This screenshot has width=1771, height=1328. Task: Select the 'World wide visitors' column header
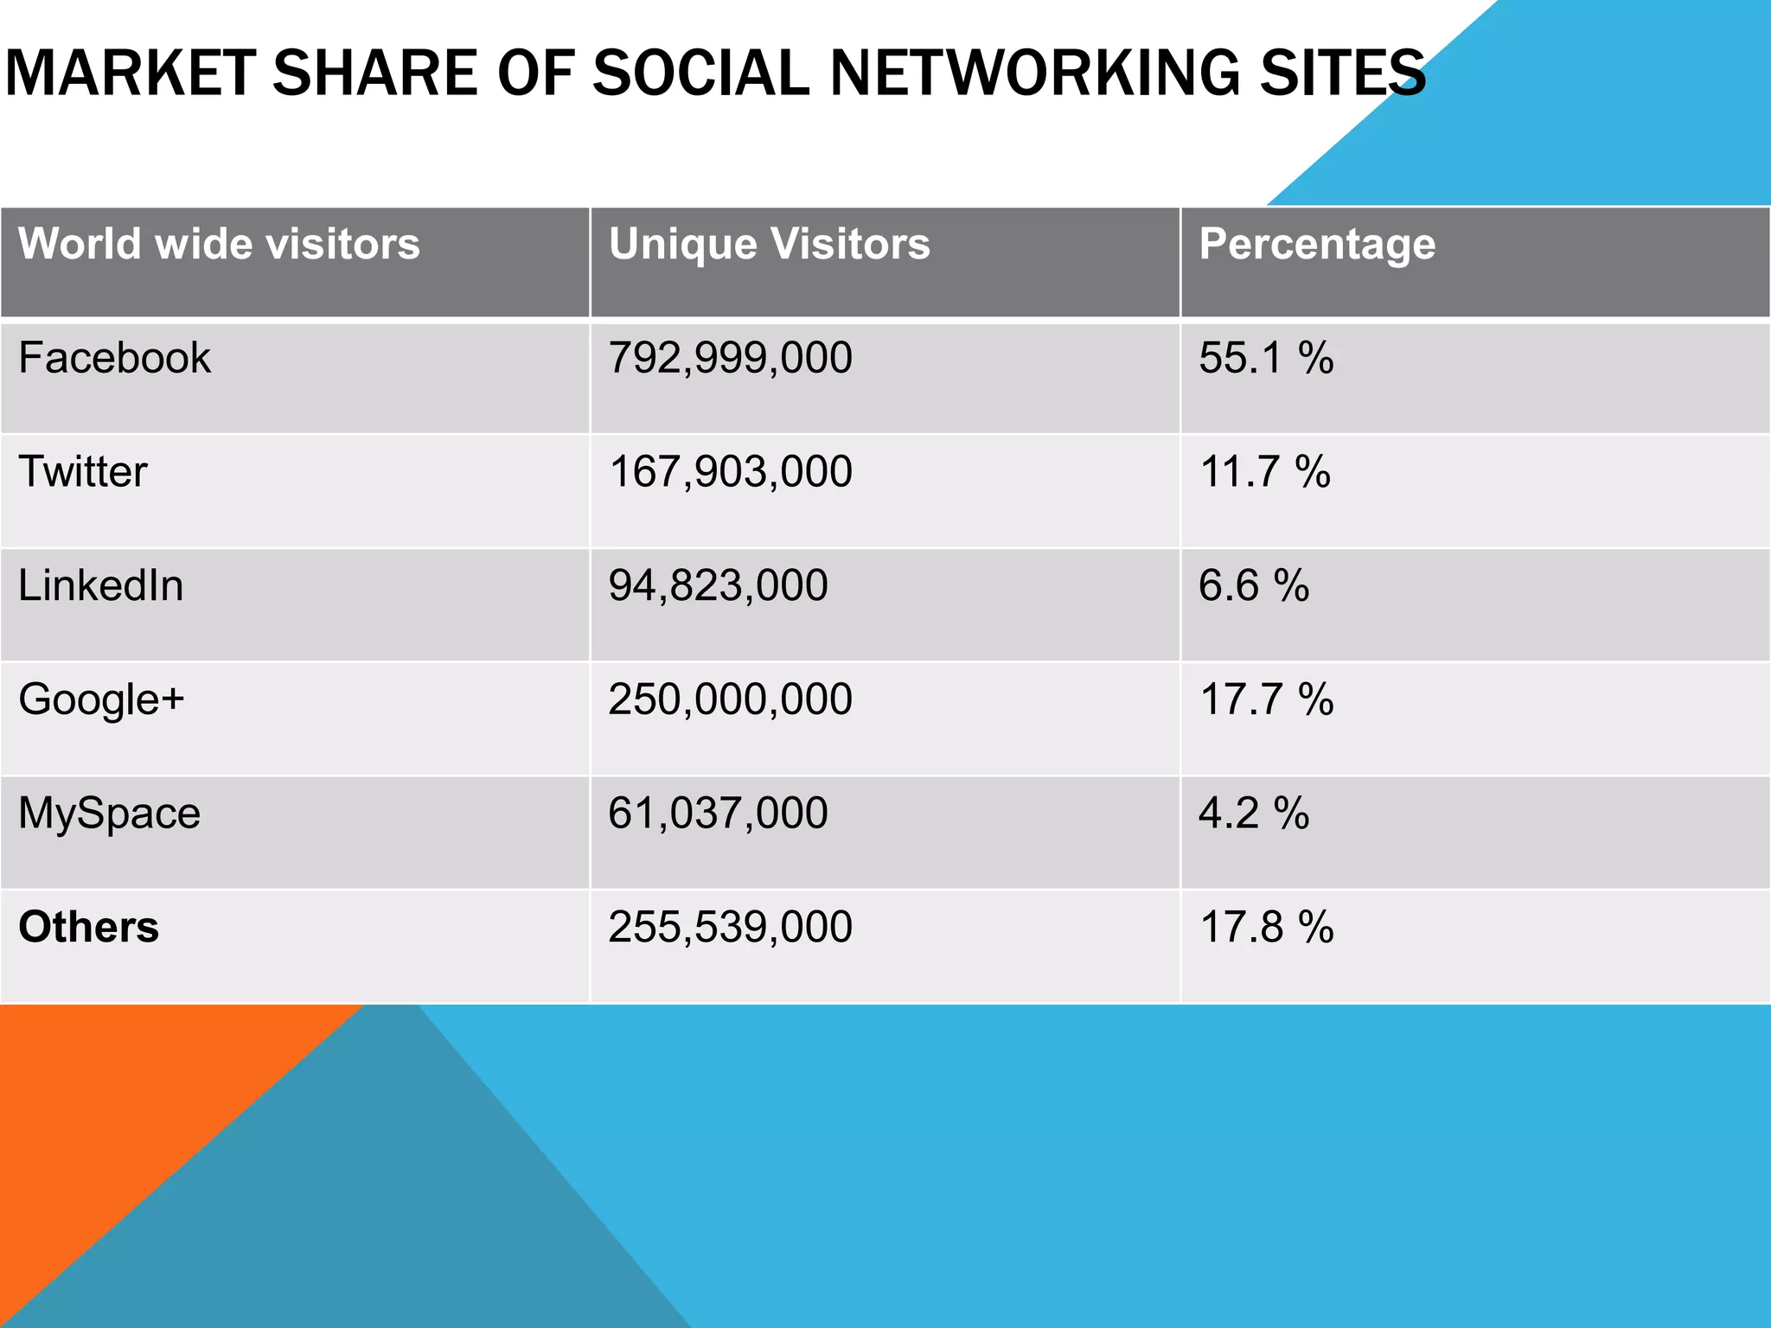click(x=219, y=244)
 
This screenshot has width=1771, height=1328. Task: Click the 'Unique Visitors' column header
click(x=770, y=244)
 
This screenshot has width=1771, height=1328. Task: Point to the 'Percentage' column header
click(x=1317, y=245)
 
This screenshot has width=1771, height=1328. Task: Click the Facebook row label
click(x=114, y=358)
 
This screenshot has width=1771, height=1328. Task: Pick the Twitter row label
click(x=83, y=472)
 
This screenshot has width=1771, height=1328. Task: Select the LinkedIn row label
click(x=101, y=586)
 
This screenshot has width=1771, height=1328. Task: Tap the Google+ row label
click(x=101, y=699)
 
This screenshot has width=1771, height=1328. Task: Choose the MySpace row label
click(x=110, y=814)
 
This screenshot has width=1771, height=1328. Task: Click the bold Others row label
click(x=89, y=927)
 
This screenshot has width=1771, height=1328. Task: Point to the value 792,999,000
click(x=731, y=358)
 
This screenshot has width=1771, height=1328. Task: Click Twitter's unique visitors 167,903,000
click(x=731, y=472)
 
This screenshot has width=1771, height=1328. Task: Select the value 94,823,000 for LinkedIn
click(x=718, y=586)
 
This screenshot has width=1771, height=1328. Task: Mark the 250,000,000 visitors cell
click(x=731, y=699)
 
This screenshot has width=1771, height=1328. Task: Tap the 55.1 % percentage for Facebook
click(x=1266, y=358)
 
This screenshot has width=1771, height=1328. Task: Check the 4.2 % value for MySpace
click(x=1254, y=814)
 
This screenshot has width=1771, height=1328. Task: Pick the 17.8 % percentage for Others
click(x=1267, y=927)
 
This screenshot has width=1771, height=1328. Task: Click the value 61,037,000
click(x=718, y=814)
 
